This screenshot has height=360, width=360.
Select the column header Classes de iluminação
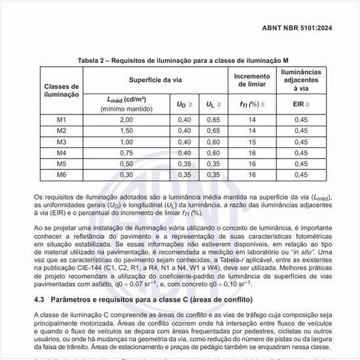tap(61, 90)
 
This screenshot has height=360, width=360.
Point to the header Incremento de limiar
tap(251, 80)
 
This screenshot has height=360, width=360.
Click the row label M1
tap(61, 119)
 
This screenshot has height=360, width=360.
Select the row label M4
tap(61, 153)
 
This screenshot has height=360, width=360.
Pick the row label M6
tap(61, 175)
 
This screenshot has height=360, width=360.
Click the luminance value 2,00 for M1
tap(126, 119)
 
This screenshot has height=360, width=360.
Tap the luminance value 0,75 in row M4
tap(126, 153)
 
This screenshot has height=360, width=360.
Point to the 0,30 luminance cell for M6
tap(126, 175)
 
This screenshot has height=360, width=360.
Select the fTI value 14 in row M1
tap(251, 119)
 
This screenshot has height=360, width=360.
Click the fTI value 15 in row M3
tap(251, 141)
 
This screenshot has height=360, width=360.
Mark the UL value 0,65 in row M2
tap(213, 130)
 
